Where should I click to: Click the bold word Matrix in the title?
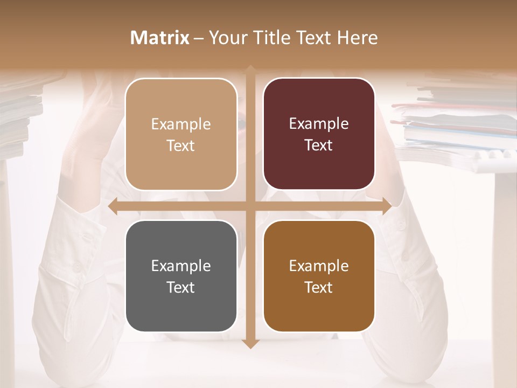click(x=160, y=38)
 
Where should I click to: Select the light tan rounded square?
click(x=181, y=134)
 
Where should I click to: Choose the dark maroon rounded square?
click(x=319, y=134)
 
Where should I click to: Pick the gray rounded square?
click(x=181, y=276)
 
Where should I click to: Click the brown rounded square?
click(x=319, y=276)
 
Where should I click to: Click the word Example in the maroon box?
click(x=319, y=124)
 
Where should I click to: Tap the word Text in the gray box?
click(x=181, y=287)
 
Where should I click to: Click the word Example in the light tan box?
click(x=181, y=124)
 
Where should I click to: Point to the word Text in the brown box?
click(x=319, y=287)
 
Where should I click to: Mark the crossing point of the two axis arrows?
click(x=250, y=206)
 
